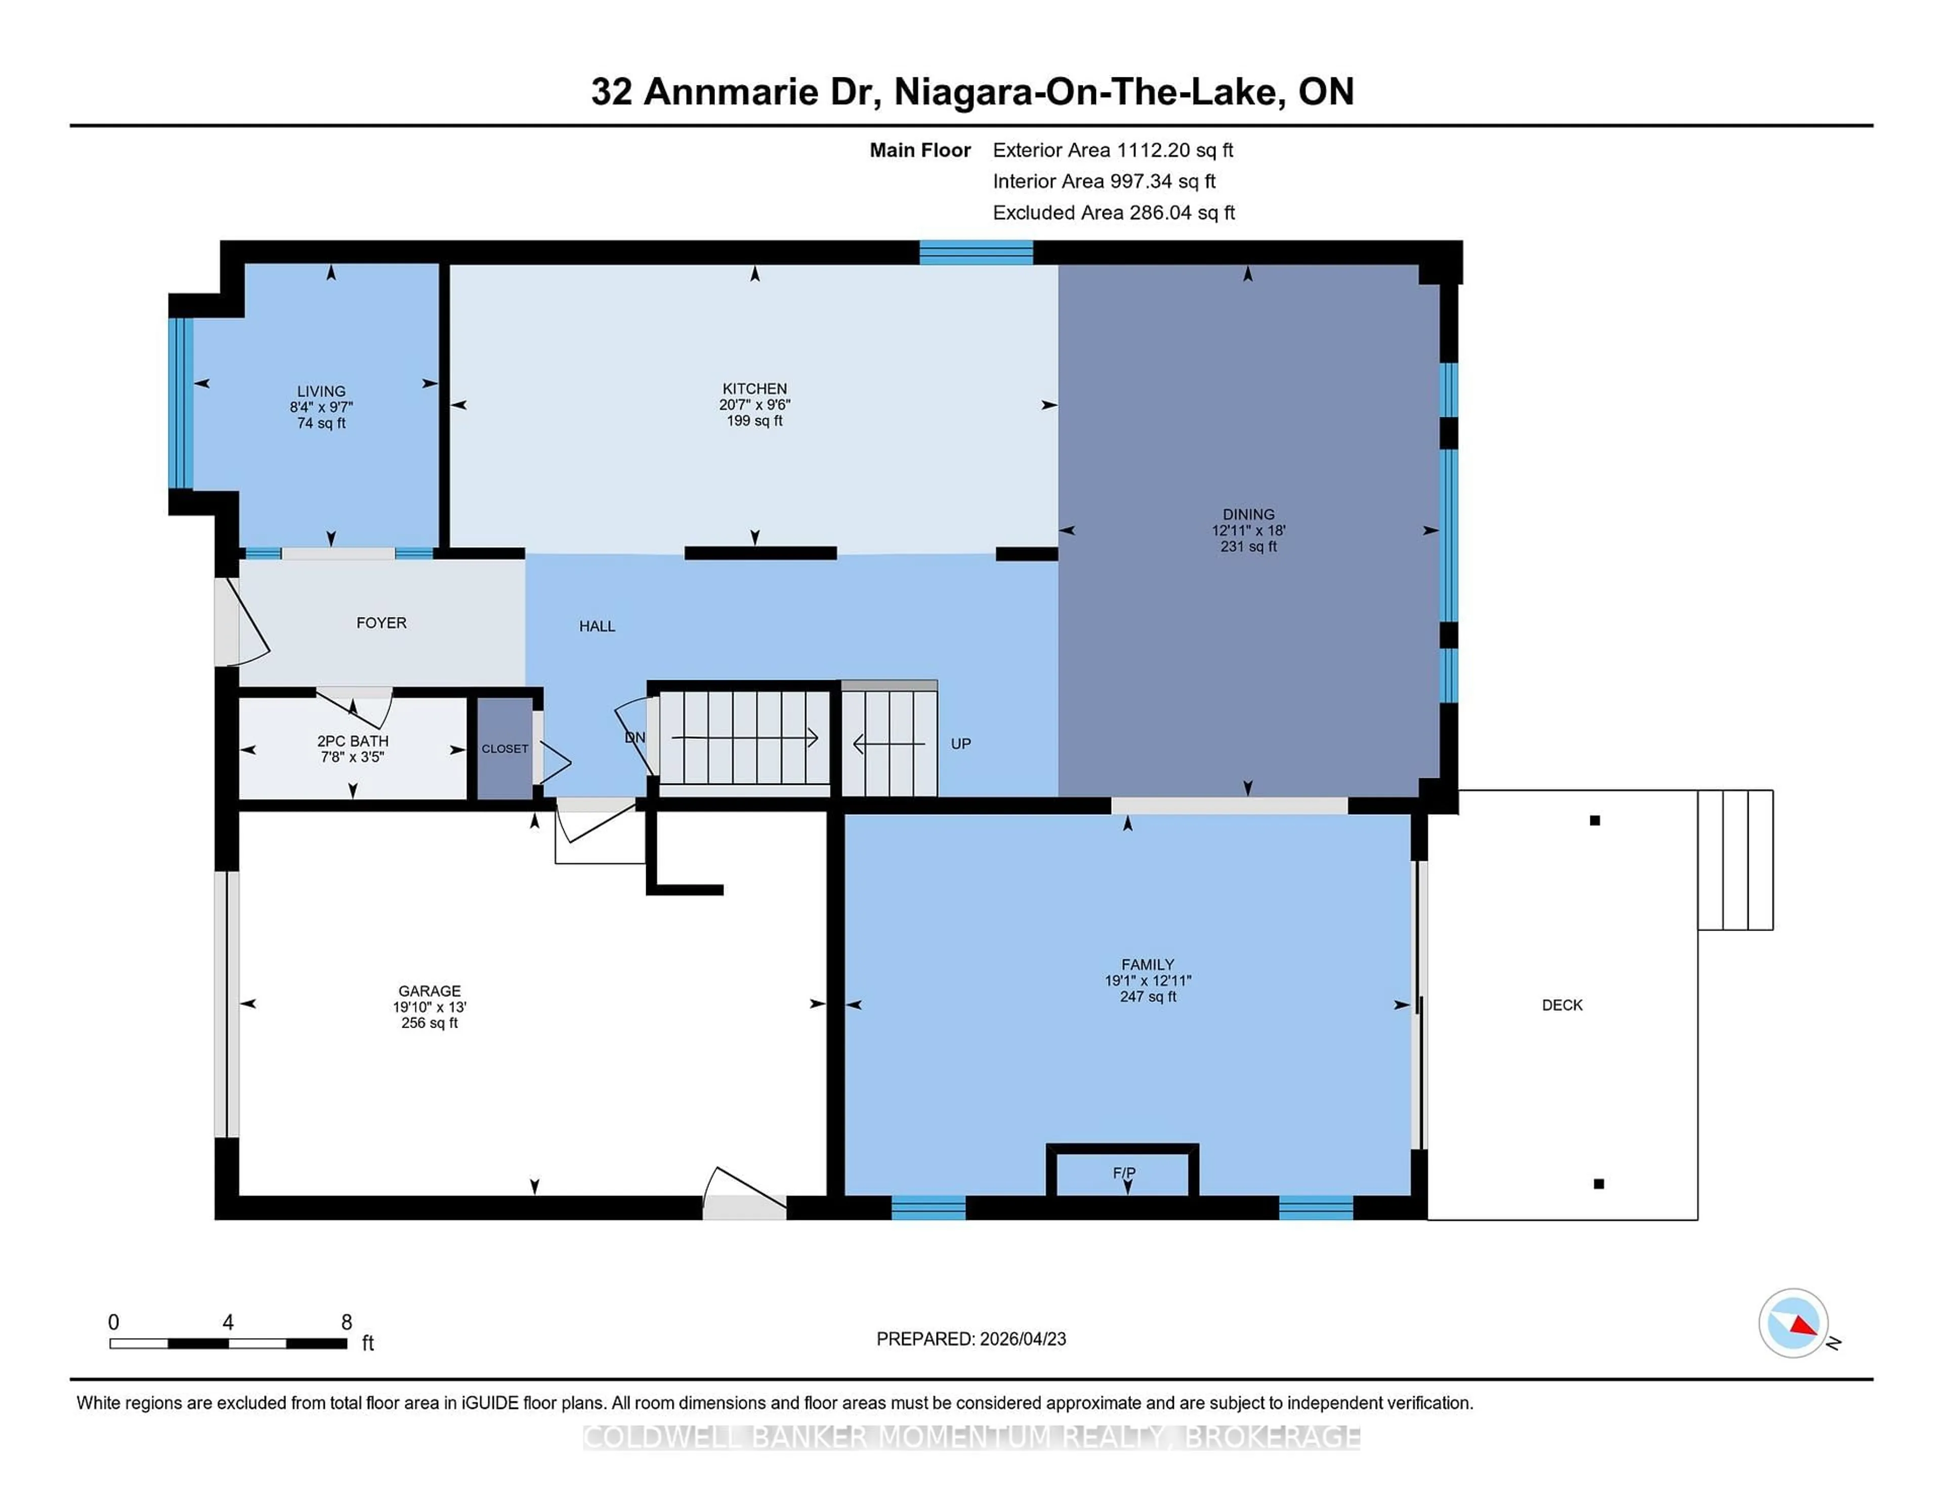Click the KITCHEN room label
(x=754, y=388)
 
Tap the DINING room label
(x=1248, y=514)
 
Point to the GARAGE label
(x=429, y=991)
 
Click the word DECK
(x=1562, y=1005)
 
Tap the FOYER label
(x=381, y=623)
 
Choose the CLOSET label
(x=504, y=748)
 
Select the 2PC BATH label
(x=352, y=741)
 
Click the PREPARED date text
(x=970, y=1338)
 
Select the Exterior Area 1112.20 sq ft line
(x=1112, y=150)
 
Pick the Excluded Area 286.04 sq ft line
(x=1113, y=212)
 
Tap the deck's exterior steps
(x=1735, y=860)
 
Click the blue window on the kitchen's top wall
(x=976, y=252)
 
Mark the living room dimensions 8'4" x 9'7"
(x=321, y=407)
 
